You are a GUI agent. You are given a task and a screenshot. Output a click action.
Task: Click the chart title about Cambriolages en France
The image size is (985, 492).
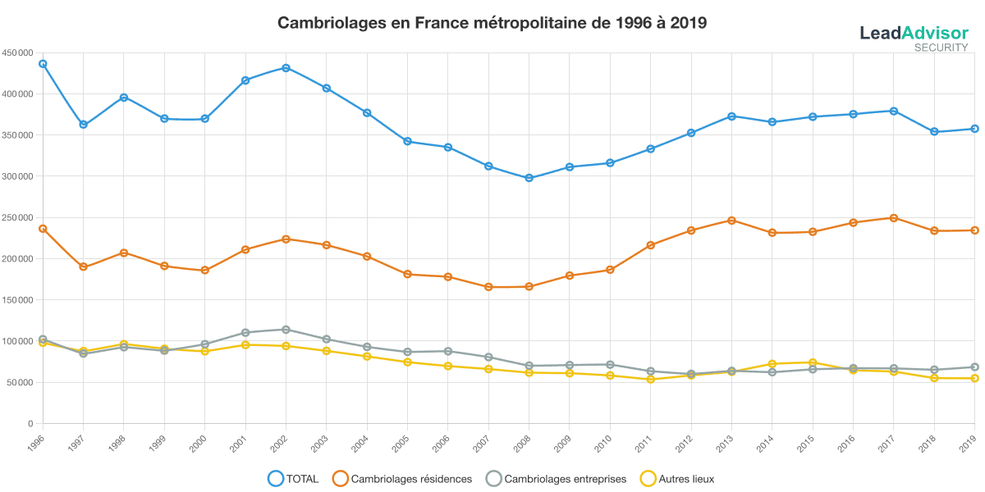tap(492, 23)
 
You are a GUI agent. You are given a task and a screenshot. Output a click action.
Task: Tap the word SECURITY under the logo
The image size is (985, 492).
tap(941, 48)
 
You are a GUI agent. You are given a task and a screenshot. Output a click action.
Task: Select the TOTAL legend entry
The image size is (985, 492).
tap(294, 479)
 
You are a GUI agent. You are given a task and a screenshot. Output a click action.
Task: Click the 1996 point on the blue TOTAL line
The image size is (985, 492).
tap(43, 63)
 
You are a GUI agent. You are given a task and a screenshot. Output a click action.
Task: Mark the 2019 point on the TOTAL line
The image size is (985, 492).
tap(974, 129)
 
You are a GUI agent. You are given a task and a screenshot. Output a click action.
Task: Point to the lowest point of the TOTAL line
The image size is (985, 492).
tap(529, 178)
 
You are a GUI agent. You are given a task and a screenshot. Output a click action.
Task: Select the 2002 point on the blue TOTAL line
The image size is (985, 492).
tap(286, 68)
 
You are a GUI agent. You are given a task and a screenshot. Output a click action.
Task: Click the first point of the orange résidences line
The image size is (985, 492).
tap(43, 229)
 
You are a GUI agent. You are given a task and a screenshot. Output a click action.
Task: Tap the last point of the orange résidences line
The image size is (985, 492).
tap(974, 230)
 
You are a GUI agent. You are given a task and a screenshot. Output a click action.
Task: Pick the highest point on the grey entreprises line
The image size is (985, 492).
tap(286, 330)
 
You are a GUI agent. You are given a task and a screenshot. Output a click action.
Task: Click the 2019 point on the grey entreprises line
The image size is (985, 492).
tap(974, 367)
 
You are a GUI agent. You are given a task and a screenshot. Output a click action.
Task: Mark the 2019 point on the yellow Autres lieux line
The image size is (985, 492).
tap(974, 378)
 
